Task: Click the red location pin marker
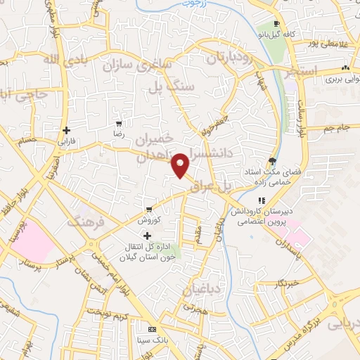point(181,165)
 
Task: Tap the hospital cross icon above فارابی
point(67,129)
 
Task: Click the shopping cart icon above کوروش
point(149,210)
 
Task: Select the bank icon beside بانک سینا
point(152,329)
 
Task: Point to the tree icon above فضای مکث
point(272,161)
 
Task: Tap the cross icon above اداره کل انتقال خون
point(146,236)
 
